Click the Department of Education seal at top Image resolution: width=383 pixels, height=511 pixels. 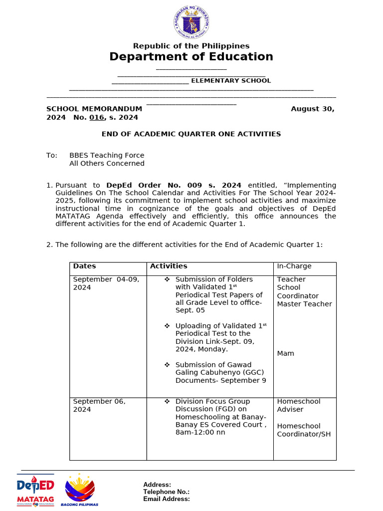click(191, 22)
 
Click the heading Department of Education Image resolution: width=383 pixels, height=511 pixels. click(191, 57)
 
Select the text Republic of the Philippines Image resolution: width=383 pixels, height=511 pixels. click(191, 46)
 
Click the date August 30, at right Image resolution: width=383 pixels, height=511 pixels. click(312, 109)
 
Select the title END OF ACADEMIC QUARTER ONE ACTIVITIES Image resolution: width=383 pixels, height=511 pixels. click(191, 134)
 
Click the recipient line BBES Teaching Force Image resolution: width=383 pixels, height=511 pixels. click(107, 155)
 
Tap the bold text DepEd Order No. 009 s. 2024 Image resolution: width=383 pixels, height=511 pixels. click(174, 185)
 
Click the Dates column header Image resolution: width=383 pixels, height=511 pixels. click(84, 266)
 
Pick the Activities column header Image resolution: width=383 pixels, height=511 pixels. click(169, 266)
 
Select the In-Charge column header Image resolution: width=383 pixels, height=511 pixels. click(294, 266)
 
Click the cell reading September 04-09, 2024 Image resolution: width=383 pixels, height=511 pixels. click(106, 283)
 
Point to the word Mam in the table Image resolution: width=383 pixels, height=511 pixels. click(286, 353)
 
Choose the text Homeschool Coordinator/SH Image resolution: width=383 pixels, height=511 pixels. click(304, 430)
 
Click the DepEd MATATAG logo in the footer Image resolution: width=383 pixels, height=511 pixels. click(35, 490)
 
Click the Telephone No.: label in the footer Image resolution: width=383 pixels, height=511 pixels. click(166, 492)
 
